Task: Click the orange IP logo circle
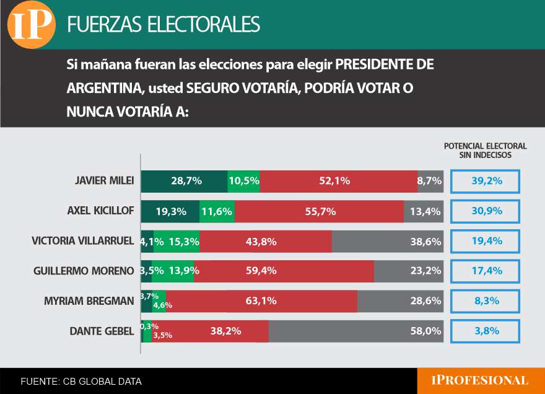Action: (x=30, y=25)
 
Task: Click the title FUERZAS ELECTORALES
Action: (x=163, y=24)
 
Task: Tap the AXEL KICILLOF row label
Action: (x=100, y=211)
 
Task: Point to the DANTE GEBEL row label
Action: (x=102, y=331)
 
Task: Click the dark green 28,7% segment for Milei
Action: (x=184, y=181)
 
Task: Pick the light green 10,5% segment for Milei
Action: (x=243, y=181)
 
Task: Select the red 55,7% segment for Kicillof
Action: (x=319, y=211)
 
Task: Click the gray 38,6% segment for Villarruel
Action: (x=388, y=241)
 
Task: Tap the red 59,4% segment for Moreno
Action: (x=284, y=271)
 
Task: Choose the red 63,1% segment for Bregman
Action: (x=261, y=301)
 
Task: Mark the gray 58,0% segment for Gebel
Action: (x=356, y=331)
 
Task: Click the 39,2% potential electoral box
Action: (x=485, y=181)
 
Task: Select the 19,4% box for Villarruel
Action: (x=485, y=241)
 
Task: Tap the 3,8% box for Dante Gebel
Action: (x=485, y=331)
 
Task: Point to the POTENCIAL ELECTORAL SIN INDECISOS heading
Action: (x=485, y=151)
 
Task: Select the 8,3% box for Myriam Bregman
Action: (x=485, y=301)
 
